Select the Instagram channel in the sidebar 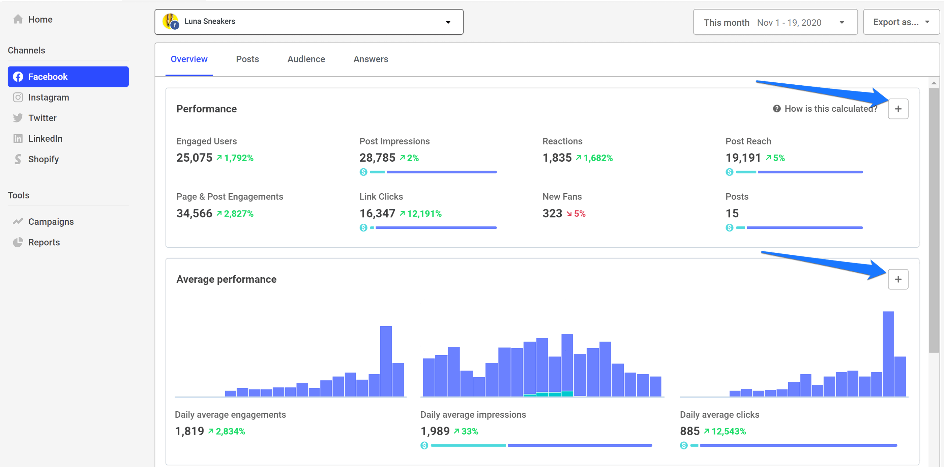coord(48,97)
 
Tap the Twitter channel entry coord(42,118)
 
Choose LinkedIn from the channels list coord(45,138)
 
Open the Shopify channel coord(43,159)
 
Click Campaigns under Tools coord(51,222)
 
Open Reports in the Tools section coord(43,242)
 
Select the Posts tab coord(247,59)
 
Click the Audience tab coord(306,59)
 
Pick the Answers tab coord(371,59)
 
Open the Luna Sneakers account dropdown coord(308,22)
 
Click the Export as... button coord(901,22)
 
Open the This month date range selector coord(775,22)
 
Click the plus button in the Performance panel coord(897,109)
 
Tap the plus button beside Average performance coord(897,279)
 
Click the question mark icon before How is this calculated coord(776,109)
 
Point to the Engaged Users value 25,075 coord(194,158)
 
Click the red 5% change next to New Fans coord(579,214)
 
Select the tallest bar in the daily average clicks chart coord(888,354)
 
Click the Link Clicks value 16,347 coord(377,214)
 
